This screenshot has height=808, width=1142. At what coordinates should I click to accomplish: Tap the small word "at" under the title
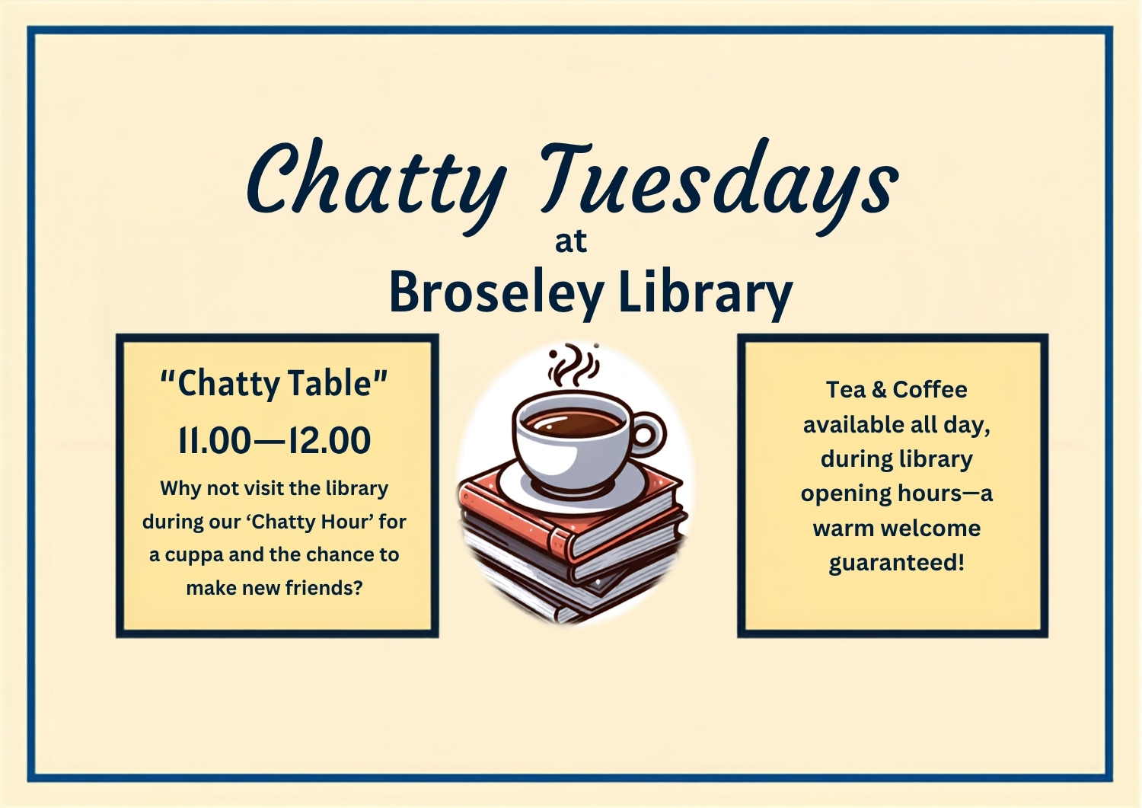pos(571,241)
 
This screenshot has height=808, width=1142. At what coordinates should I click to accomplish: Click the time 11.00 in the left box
pos(215,441)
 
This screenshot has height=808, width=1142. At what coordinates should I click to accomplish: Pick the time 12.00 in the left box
pos(329,441)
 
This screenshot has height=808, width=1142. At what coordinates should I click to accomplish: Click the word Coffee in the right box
pos(930,390)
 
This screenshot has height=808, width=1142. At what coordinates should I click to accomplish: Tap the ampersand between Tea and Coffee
pos(879,390)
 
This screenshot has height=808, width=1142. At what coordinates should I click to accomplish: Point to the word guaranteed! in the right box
pos(897,563)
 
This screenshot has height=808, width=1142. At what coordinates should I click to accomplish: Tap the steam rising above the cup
pos(572,366)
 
